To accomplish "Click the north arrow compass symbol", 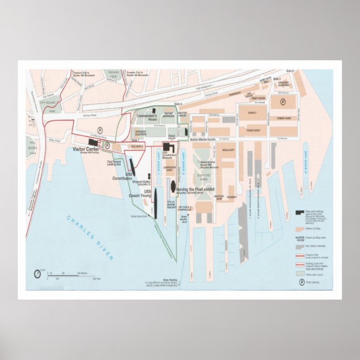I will point(37,273).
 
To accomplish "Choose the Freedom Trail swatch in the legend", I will point(300,253).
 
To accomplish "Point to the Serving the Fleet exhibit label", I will point(196,190).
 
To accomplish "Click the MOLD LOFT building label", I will point(228,150).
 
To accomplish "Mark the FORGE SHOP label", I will point(254,131).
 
